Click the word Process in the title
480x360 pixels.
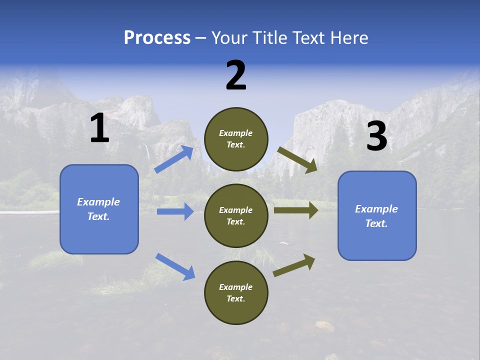157,38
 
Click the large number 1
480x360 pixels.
99,128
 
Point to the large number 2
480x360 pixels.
236,75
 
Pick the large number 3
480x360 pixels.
377,136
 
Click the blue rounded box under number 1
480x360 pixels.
99,209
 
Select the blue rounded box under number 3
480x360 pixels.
377,215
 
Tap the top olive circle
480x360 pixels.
236,139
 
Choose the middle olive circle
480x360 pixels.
236,215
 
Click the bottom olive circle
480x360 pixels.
236,292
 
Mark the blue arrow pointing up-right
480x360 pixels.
174,159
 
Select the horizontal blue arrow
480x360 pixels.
175,211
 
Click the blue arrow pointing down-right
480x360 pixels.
175,266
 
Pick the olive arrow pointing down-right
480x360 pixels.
297,160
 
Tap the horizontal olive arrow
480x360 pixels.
296,210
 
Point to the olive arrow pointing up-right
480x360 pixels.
294,265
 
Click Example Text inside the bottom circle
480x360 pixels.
236,292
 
